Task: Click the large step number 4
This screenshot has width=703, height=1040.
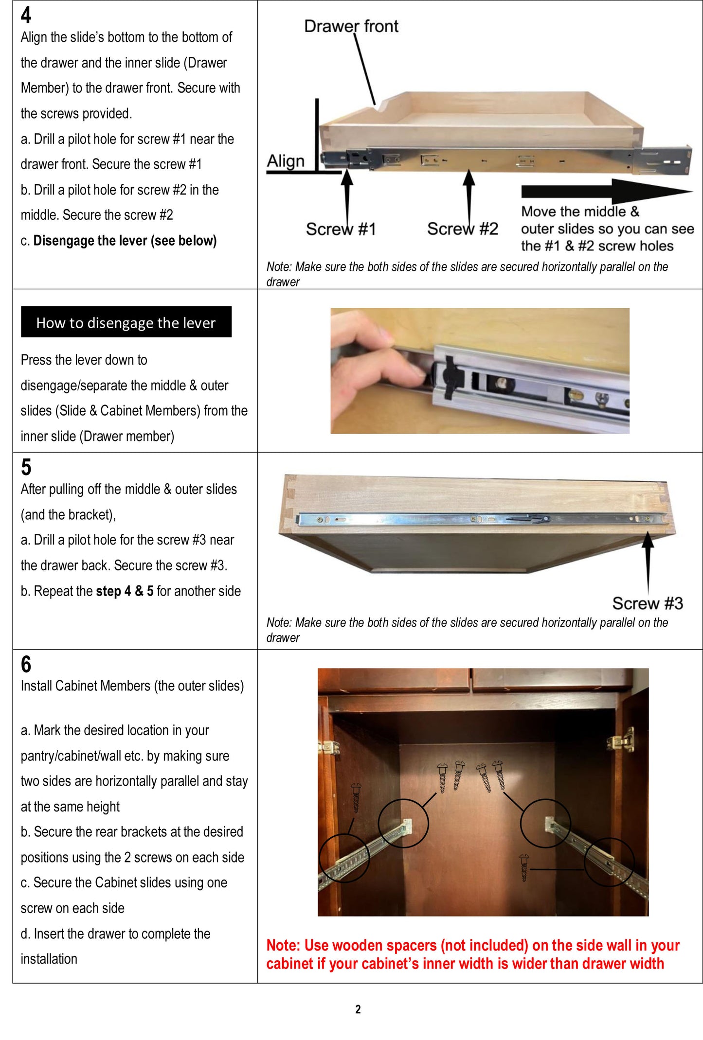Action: pyautogui.click(x=26, y=15)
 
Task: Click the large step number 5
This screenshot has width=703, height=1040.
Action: pyautogui.click(x=26, y=467)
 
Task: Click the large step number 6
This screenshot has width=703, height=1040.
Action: pyautogui.click(x=26, y=664)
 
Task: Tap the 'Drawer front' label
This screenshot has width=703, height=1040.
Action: pyautogui.click(x=351, y=26)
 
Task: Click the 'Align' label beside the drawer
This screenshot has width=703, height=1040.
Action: pyautogui.click(x=286, y=161)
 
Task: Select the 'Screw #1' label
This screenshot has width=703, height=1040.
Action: pyautogui.click(x=341, y=229)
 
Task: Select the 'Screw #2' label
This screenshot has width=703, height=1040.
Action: pyautogui.click(x=462, y=229)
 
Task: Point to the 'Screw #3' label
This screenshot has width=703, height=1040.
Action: pyautogui.click(x=647, y=603)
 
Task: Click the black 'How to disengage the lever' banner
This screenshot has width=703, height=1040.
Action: pyautogui.click(x=126, y=322)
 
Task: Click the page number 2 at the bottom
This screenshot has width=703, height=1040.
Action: pyautogui.click(x=358, y=1009)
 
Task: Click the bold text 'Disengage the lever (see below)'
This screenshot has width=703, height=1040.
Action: pyautogui.click(x=125, y=241)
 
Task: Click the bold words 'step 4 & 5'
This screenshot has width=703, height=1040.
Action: pyautogui.click(x=125, y=591)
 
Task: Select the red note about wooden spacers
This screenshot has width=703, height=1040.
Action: pyautogui.click(x=472, y=954)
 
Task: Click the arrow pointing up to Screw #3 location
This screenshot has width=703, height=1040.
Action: pyautogui.click(x=648, y=559)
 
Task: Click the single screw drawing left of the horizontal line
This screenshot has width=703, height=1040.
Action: pyautogui.click(x=524, y=868)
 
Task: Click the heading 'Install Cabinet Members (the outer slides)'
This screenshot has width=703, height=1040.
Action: pyautogui.click(x=132, y=686)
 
